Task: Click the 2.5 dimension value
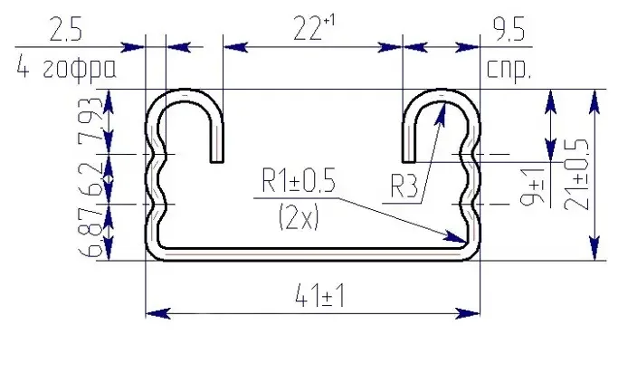click(x=66, y=30)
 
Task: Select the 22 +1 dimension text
click(x=314, y=27)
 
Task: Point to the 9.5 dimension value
click(x=509, y=30)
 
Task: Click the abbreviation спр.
click(x=509, y=70)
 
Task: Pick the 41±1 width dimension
click(x=319, y=296)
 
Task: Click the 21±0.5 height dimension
click(x=576, y=174)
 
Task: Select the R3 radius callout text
click(x=404, y=186)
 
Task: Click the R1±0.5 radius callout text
click(x=299, y=181)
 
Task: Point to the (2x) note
click(x=299, y=218)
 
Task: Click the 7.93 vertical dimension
click(x=90, y=121)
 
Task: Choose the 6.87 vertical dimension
click(x=91, y=233)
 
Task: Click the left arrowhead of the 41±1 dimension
click(x=158, y=314)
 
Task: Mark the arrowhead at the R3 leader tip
click(x=441, y=113)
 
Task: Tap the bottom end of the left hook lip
click(x=217, y=162)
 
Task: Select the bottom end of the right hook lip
click(x=409, y=162)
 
